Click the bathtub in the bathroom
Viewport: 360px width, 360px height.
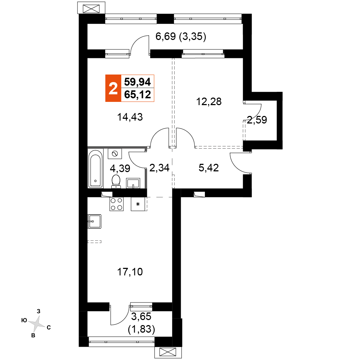click(x=95, y=168)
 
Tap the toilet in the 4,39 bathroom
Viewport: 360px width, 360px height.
click(x=116, y=181)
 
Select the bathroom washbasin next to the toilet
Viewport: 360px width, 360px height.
click(x=133, y=183)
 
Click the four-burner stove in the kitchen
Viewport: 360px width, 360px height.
click(x=116, y=204)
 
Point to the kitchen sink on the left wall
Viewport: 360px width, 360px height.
click(x=94, y=221)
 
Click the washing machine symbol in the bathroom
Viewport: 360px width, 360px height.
click(x=115, y=153)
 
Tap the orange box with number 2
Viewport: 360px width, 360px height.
click(x=113, y=88)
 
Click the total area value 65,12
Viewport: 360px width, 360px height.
click(x=138, y=94)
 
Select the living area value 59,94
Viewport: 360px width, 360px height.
click(x=138, y=82)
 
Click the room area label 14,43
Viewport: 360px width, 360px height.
click(x=130, y=117)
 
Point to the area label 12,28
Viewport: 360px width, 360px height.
click(x=209, y=102)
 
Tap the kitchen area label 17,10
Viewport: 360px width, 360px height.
click(x=130, y=272)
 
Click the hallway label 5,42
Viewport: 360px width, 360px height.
click(x=209, y=168)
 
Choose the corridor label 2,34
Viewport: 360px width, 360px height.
click(x=159, y=168)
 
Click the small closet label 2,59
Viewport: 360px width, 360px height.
click(x=257, y=120)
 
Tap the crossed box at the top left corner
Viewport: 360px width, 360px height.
click(x=91, y=9)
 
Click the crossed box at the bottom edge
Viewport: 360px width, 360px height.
click(x=168, y=352)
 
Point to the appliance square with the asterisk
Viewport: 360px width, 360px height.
click(x=138, y=204)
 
